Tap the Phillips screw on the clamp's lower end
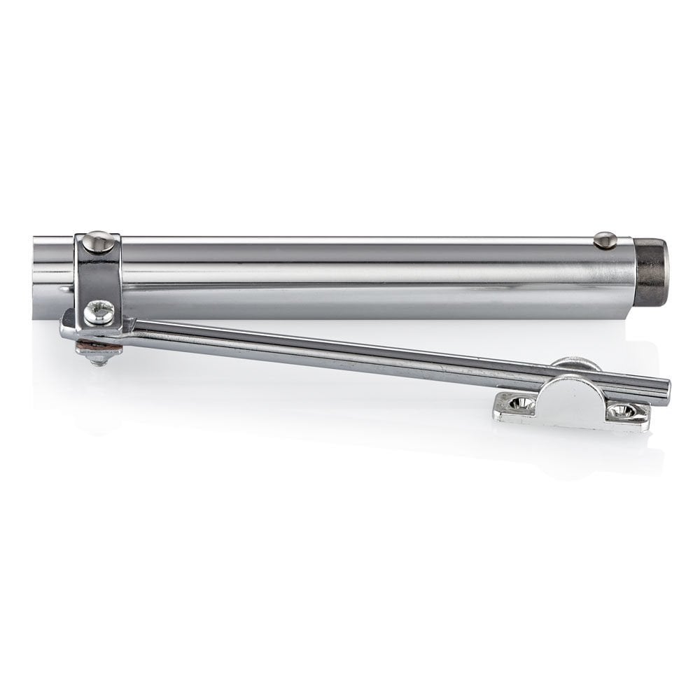99,311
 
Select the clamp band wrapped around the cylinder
99,276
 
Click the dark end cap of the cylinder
652,268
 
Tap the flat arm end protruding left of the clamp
68,324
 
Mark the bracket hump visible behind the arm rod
575,364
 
